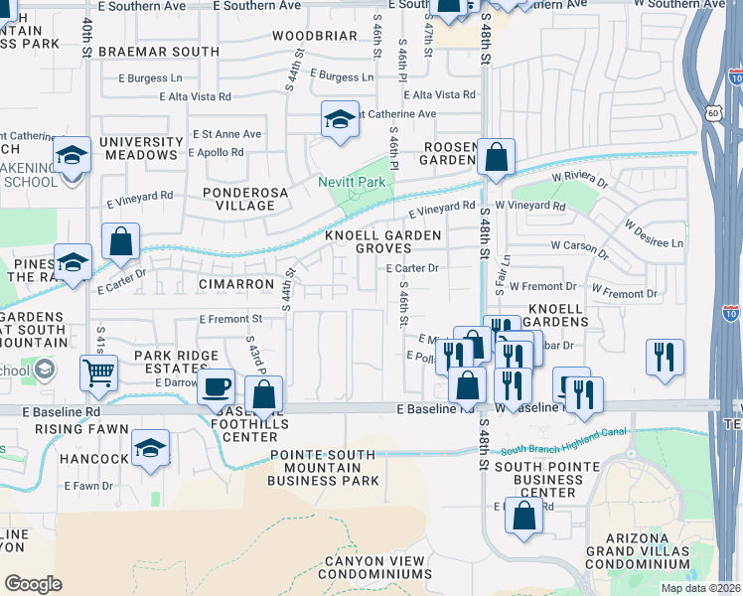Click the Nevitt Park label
pyautogui.click(x=351, y=182)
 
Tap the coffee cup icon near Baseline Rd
pyautogui.click(x=216, y=387)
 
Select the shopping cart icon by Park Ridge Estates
pyautogui.click(x=98, y=373)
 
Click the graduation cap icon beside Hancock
pyautogui.click(x=150, y=447)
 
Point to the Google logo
pyautogui.click(x=33, y=584)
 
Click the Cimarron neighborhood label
pyautogui.click(x=235, y=284)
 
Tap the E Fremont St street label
pyautogui.click(x=230, y=320)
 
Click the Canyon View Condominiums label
pyautogui.click(x=376, y=567)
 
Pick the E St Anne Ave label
pyautogui.click(x=226, y=134)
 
